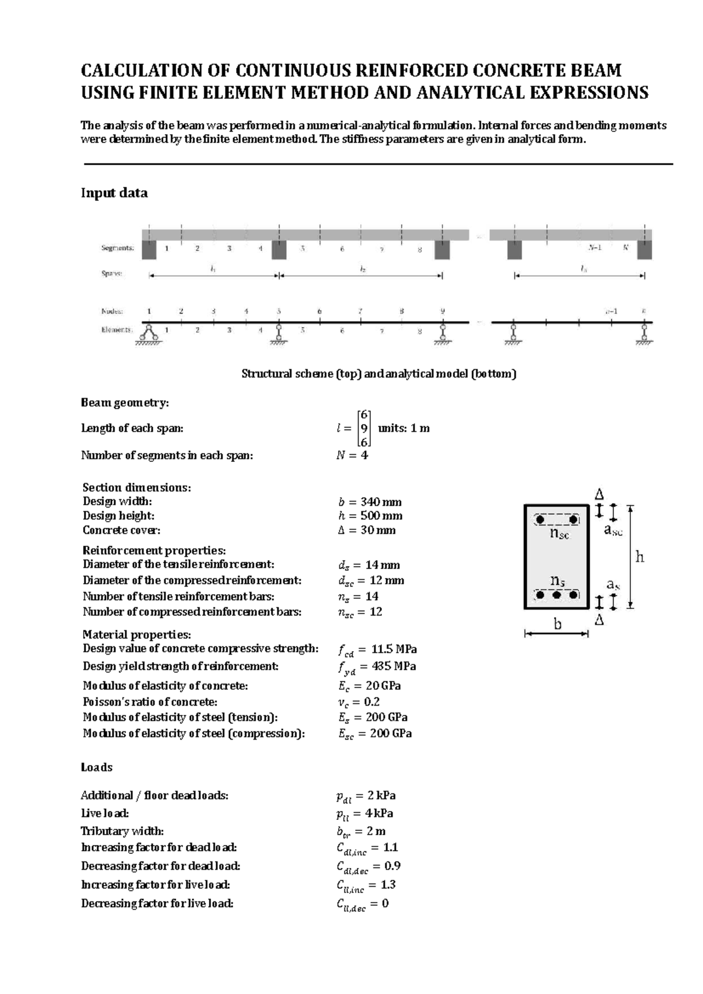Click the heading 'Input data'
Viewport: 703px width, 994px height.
pos(114,193)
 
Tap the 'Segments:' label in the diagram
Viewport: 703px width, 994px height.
pos(117,248)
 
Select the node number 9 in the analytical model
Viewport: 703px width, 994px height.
pos(442,311)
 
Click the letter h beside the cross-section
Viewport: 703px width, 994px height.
pos(640,557)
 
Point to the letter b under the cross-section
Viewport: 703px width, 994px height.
pos(557,625)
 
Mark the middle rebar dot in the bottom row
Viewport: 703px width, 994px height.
pos(557,595)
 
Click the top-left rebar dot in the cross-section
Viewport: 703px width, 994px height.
pos(540,519)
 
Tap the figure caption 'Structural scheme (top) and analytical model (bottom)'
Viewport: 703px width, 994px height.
pos(379,374)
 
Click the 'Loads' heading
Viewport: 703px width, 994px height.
pos(97,767)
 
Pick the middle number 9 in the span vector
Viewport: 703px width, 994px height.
pos(364,428)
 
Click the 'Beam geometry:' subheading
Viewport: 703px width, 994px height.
pos(125,403)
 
